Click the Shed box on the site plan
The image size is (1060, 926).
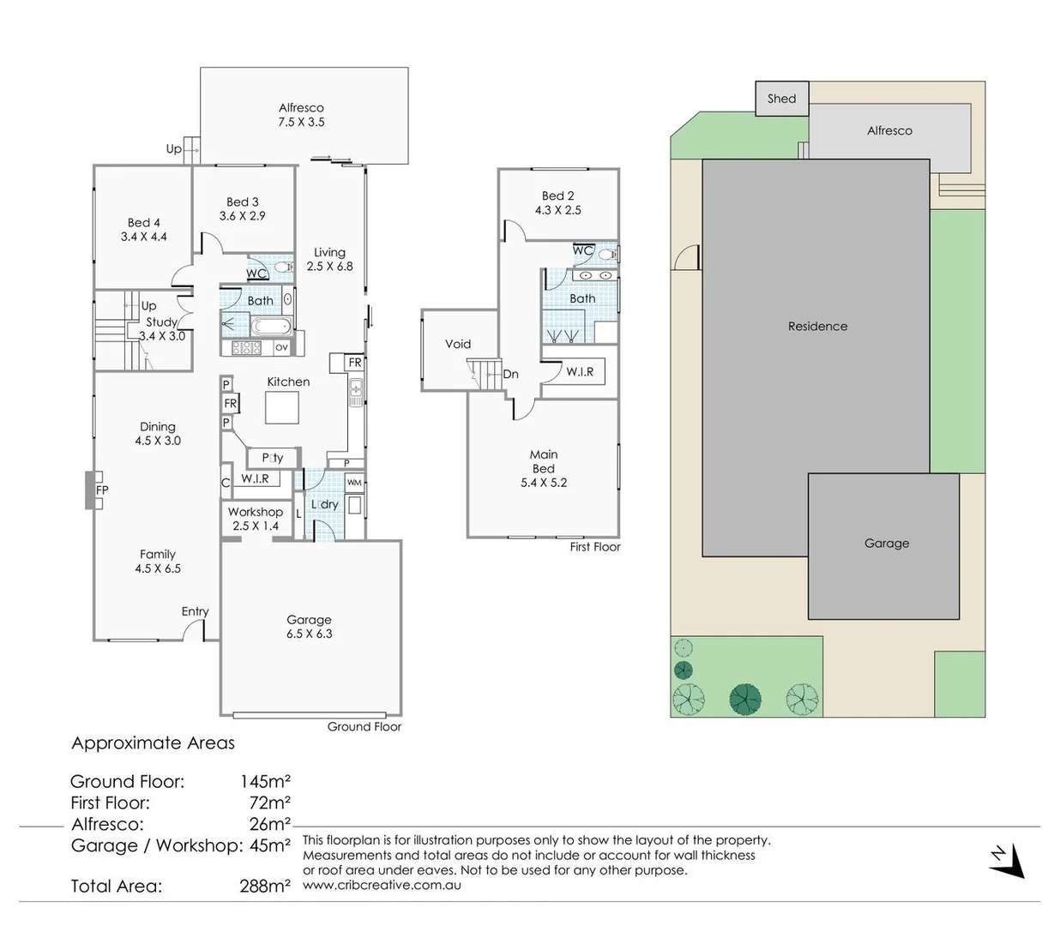(x=781, y=99)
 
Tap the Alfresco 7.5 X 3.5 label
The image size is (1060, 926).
(x=301, y=115)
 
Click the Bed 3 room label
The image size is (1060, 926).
(x=242, y=208)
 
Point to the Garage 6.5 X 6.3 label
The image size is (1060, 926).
(x=309, y=627)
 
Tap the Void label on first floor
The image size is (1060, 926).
(x=458, y=344)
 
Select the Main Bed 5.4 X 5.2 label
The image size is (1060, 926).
(x=543, y=468)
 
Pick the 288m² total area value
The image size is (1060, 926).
(x=265, y=886)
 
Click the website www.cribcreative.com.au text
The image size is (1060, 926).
(x=382, y=885)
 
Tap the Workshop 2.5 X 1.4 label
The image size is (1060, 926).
(x=255, y=519)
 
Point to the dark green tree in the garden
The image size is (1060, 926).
(x=745, y=699)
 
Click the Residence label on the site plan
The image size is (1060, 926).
(x=817, y=326)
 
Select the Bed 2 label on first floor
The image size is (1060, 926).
(x=558, y=202)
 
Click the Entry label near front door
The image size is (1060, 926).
(x=195, y=611)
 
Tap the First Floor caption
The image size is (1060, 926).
(x=594, y=546)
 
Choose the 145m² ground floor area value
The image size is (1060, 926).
(x=265, y=781)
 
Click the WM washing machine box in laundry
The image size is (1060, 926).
(x=354, y=483)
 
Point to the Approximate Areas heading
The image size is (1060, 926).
(x=153, y=743)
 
